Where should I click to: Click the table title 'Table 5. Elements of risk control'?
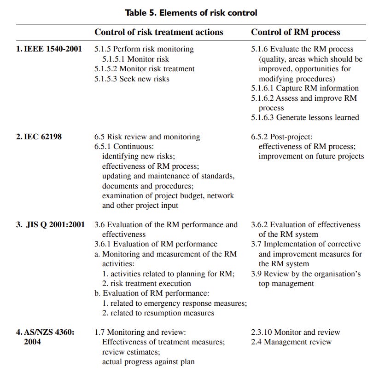pyautogui.click(x=191, y=12)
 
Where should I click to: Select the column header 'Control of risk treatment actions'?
pyautogui.click(x=159, y=32)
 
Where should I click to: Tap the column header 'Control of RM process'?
pyautogui.click(x=296, y=32)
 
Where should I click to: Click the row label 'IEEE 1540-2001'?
pyautogui.click(x=49, y=49)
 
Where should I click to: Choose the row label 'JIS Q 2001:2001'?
pyautogui.click(x=51, y=224)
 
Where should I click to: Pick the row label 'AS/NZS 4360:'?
pyautogui.click(x=45, y=332)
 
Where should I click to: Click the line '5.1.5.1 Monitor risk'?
pyautogui.click(x=135, y=59)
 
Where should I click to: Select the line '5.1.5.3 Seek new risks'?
pyautogui.click(x=132, y=79)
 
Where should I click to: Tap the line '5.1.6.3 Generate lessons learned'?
pyautogui.click(x=305, y=117)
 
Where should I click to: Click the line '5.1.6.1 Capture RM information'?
pyautogui.click(x=305, y=88)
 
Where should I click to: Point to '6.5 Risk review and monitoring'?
pyautogui.click(x=147, y=137)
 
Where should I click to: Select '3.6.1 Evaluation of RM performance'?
pyautogui.click(x=156, y=244)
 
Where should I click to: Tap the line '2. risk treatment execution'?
pyautogui.click(x=146, y=283)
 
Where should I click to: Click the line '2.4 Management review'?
pyautogui.click(x=291, y=342)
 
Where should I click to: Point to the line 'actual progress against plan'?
pyautogui.click(x=148, y=361)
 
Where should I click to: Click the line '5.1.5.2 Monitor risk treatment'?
pyautogui.click(x=145, y=69)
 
